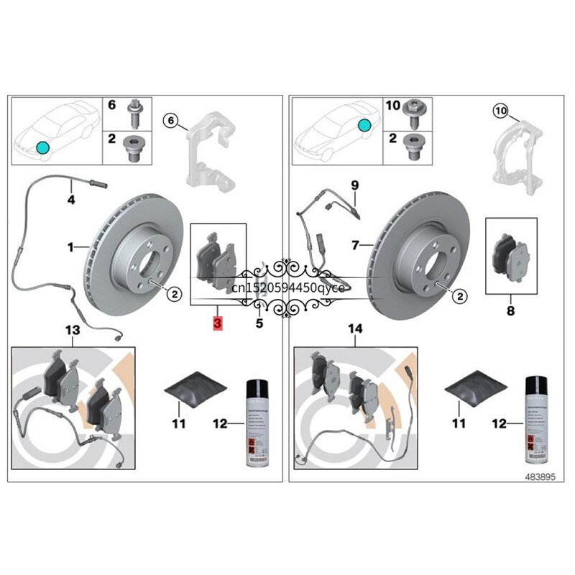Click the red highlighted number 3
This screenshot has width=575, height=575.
(x=218, y=323)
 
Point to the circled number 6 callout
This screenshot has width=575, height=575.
(x=171, y=120)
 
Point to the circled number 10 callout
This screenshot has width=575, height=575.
(x=500, y=111)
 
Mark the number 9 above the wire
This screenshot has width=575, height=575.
(x=354, y=185)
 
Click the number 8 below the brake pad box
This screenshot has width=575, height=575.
(x=510, y=310)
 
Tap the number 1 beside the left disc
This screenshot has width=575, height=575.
(x=71, y=248)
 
